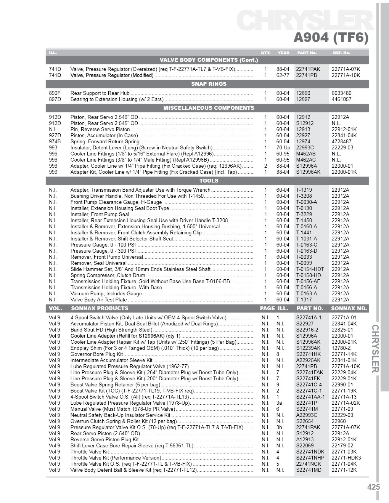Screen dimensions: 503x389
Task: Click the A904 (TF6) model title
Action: tap(331, 38)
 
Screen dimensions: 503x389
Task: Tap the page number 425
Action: tap(374, 487)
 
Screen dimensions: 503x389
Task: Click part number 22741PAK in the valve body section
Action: tap(308, 69)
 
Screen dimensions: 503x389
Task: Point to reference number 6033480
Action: tap(341, 93)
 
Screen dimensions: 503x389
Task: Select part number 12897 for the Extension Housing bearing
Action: tap(303, 99)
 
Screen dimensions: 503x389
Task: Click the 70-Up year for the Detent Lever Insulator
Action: tap(283, 147)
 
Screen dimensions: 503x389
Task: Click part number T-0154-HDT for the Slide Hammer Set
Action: tap(310, 269)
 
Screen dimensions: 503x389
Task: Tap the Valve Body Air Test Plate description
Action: tap(98, 300)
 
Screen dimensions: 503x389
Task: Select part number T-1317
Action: tap(304, 300)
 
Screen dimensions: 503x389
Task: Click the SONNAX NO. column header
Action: tap(349, 308)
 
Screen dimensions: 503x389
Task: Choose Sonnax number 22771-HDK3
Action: tap(346, 458)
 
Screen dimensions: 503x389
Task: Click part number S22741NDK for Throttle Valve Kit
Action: tap(310, 452)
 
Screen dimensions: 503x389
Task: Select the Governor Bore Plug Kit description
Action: tap(96, 354)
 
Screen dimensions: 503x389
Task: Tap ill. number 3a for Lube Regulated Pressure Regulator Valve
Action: tap(279, 403)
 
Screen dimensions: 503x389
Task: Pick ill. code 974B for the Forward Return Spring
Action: tap(55, 141)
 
